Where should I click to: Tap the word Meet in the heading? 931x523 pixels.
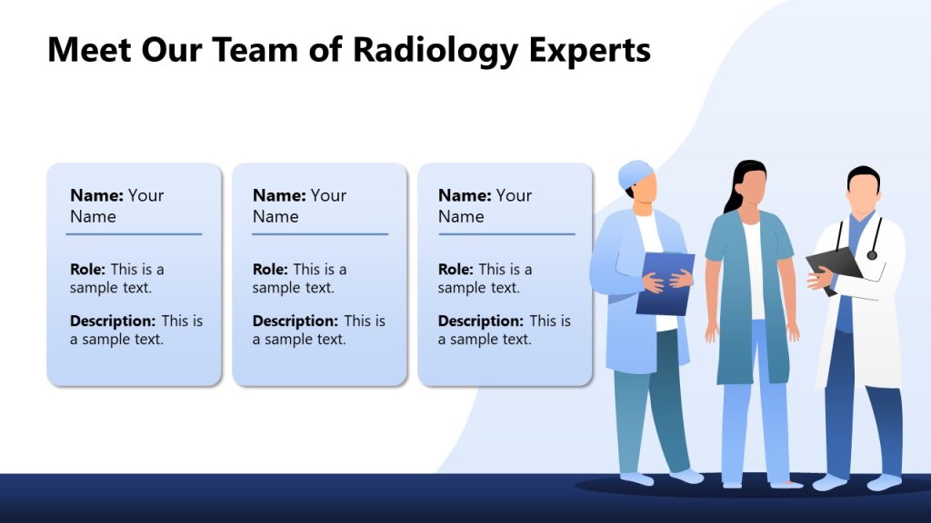point(90,50)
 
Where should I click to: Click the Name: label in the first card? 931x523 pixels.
point(96,195)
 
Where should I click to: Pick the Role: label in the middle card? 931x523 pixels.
point(270,270)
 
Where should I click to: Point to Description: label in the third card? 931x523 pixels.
point(480,321)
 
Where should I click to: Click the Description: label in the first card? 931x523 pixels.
point(113,321)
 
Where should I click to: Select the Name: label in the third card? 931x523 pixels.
point(465,195)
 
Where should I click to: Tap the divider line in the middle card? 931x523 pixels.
point(320,234)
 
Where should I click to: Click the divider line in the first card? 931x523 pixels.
point(134,234)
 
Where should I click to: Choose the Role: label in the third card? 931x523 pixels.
point(455,270)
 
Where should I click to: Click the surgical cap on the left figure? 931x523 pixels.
point(635,173)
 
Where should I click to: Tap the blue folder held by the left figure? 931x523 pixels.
point(666,283)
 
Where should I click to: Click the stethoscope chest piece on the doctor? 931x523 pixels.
point(872,255)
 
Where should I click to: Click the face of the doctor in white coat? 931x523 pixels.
point(863,192)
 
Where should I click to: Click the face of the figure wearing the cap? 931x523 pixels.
point(645,190)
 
